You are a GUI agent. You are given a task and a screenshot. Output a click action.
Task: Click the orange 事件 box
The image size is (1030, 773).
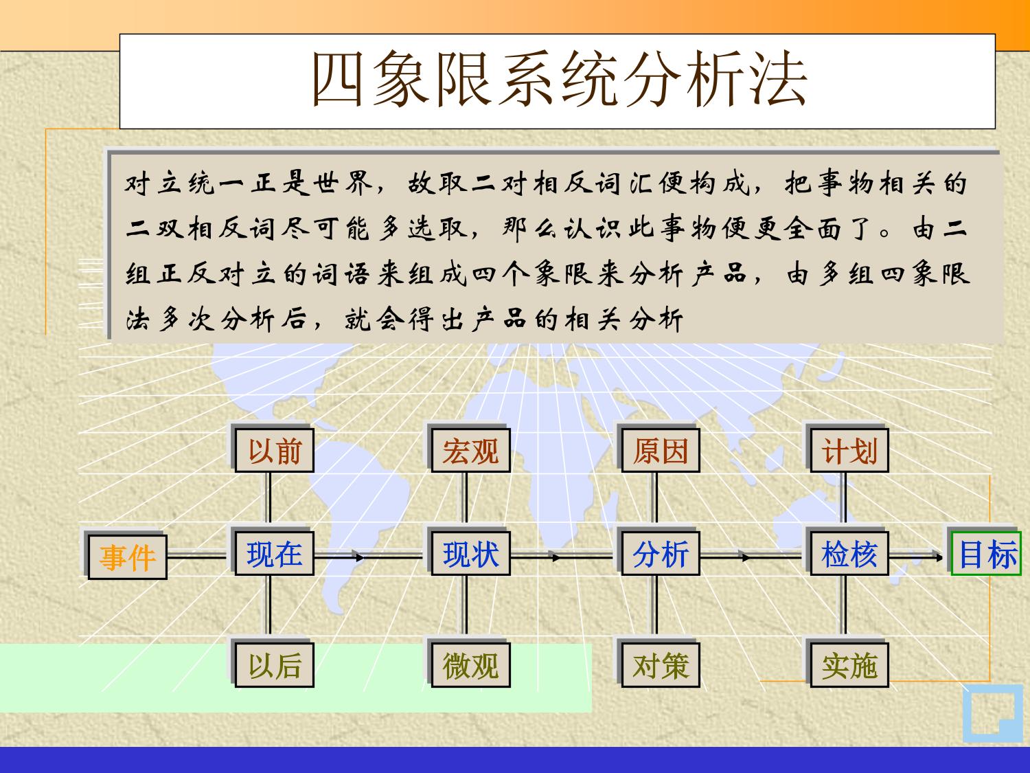click(x=127, y=557)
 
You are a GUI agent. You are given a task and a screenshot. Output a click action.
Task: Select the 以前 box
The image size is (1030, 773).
click(x=275, y=450)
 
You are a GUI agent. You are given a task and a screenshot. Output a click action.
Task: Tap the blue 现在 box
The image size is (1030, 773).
click(x=275, y=553)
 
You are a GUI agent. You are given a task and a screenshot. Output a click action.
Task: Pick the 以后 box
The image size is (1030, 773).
click(x=275, y=665)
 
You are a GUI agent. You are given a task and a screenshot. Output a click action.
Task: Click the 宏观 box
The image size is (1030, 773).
click(x=470, y=450)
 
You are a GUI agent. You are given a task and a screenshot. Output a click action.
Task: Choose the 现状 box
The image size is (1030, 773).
click(x=470, y=553)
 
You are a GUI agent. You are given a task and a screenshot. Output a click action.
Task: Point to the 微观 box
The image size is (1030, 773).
click(x=470, y=665)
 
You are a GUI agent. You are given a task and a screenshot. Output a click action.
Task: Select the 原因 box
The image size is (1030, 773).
click(x=661, y=450)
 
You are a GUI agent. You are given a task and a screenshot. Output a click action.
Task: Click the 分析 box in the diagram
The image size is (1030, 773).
click(x=661, y=553)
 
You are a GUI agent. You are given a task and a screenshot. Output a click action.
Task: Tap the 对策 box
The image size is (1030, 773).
click(x=661, y=665)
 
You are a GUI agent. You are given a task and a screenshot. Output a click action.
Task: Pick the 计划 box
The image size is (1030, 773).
click(x=849, y=450)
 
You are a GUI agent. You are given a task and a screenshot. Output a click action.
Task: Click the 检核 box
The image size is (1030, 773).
click(x=849, y=553)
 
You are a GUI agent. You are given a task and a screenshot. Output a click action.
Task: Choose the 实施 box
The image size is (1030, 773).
click(x=849, y=665)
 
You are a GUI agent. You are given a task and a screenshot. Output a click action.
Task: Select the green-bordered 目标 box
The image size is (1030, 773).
click(x=986, y=553)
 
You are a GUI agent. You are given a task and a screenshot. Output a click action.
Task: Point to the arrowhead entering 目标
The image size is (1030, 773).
click(x=939, y=557)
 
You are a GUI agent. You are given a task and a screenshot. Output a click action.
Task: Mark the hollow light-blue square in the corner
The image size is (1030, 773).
click(x=993, y=713)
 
